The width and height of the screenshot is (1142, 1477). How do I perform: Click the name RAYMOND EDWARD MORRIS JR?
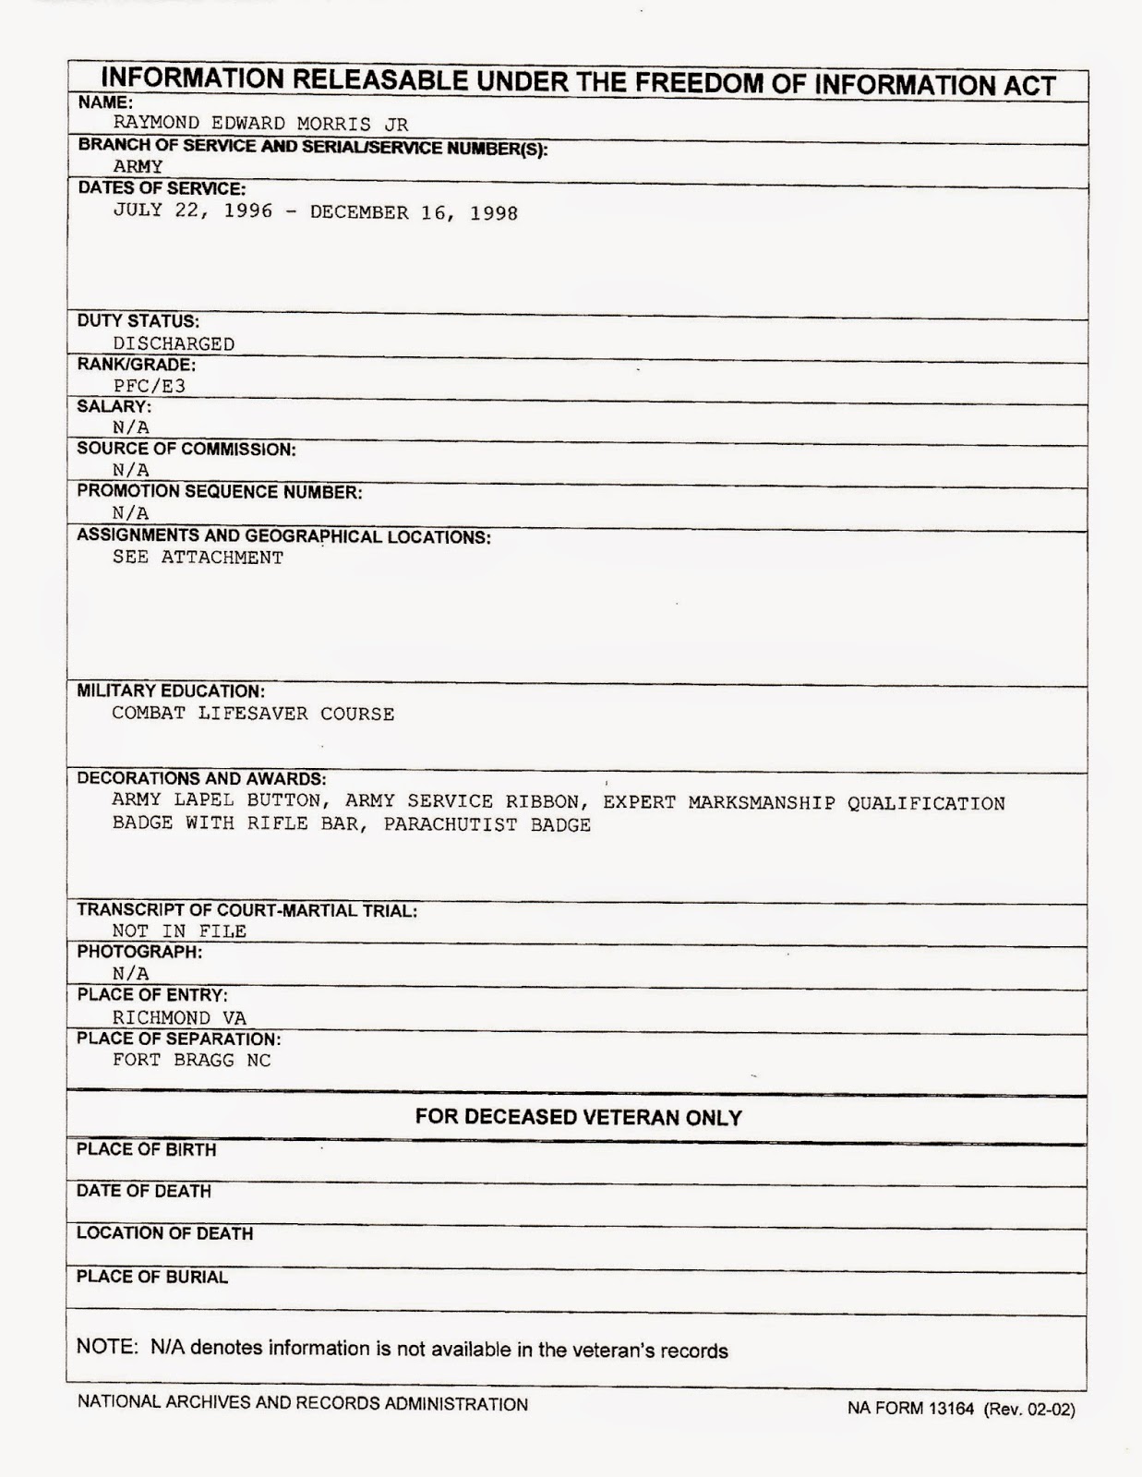[260, 124]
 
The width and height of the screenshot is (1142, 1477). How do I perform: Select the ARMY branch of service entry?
[138, 167]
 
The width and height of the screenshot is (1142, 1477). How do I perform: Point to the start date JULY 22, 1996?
[193, 210]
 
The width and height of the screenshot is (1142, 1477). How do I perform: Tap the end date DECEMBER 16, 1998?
[414, 213]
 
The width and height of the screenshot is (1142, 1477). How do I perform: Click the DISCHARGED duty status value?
[174, 343]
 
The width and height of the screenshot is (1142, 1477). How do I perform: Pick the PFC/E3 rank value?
[150, 386]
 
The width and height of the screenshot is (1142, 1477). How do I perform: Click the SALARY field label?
[114, 406]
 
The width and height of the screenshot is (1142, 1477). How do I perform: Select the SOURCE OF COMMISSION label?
[186, 450]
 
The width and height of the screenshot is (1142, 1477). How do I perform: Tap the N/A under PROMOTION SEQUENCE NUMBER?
[131, 513]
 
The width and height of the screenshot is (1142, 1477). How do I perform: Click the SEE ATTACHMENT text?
[198, 558]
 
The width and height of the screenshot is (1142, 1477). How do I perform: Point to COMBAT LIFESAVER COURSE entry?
[253, 714]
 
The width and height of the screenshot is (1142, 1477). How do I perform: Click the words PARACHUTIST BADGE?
[487, 825]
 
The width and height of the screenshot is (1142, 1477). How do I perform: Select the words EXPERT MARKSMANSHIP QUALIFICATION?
[803, 803]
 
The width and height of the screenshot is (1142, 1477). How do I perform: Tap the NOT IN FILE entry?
[179, 931]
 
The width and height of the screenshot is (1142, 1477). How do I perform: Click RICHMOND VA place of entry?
[179, 1017]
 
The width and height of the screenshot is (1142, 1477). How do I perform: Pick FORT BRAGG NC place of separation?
[192, 1061]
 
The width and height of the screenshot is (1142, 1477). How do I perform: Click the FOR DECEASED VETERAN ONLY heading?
[578, 1118]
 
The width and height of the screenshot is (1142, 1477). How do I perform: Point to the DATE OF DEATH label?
[144, 1192]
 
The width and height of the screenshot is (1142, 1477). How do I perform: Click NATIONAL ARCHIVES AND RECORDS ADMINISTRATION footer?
[303, 1404]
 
